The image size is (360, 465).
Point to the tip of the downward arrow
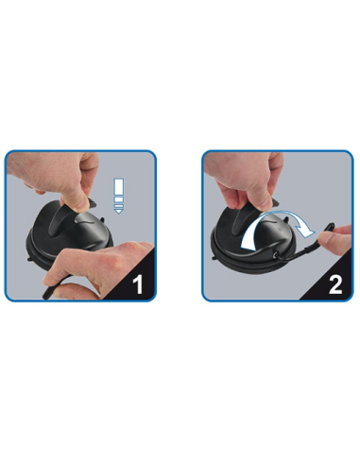click(119, 214)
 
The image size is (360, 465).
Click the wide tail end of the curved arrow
click(248, 244)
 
